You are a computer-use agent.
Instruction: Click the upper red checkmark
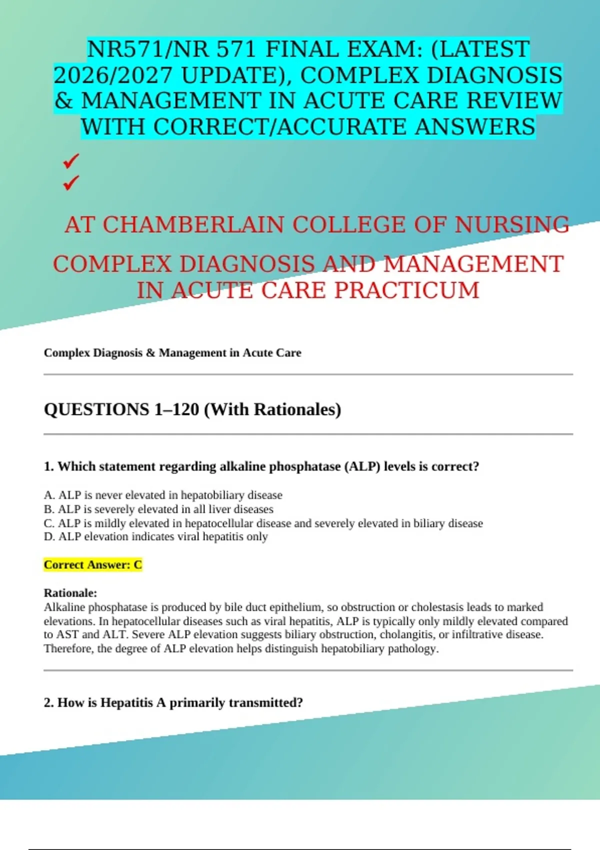tap(71, 161)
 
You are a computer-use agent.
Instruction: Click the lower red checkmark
tap(71, 183)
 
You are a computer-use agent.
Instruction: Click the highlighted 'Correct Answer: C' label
tap(93, 565)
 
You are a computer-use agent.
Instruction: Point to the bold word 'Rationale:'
tap(70, 593)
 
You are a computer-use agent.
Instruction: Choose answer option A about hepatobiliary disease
tap(163, 495)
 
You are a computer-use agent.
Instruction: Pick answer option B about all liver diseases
tap(158, 509)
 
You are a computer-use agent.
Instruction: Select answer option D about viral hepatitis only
tap(156, 536)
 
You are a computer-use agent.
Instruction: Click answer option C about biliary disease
tap(263, 523)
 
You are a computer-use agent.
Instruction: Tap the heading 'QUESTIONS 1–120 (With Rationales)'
tap(192, 409)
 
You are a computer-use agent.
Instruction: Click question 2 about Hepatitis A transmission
tap(173, 702)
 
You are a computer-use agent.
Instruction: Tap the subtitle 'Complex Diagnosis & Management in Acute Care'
tap(172, 353)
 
